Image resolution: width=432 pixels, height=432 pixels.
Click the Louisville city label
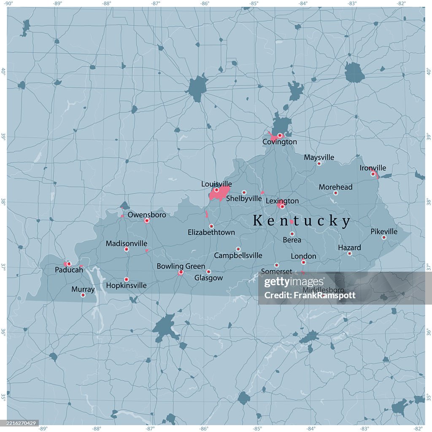pos(216,184)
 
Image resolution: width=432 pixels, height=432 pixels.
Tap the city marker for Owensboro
pos(147,221)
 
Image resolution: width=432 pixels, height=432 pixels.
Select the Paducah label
pos(69,270)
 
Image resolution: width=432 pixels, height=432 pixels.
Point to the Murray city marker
pos(83,295)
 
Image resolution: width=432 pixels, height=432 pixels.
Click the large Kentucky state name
pos(302,221)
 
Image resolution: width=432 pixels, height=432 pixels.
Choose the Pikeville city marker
pos(384,238)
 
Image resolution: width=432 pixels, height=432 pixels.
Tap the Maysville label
pos(319,157)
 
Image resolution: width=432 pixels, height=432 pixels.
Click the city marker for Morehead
pos(336,193)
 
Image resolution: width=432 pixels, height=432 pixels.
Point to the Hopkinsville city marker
pos(126,279)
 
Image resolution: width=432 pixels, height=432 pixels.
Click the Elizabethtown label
pos(211,232)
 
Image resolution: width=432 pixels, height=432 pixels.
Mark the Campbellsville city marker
pos(238,249)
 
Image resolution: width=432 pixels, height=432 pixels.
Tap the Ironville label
pos(373,168)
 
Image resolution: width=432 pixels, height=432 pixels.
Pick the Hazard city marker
pos(349,254)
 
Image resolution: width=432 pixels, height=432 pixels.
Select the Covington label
pos(280,142)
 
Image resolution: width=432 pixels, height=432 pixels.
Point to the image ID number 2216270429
pos(20,423)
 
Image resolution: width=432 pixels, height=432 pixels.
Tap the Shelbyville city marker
pos(244,192)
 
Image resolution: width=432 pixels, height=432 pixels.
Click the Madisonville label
pos(127,243)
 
